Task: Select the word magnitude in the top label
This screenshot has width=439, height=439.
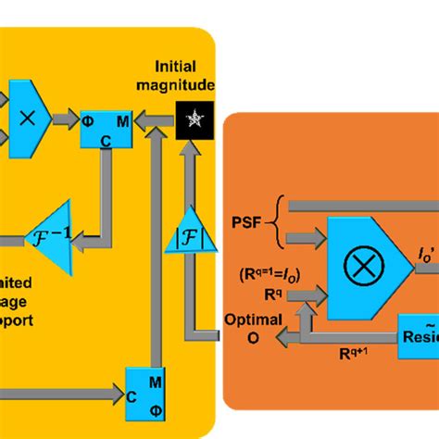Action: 183,86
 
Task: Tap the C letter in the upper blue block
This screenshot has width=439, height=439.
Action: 107,141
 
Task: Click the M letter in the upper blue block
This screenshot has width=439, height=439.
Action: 123,121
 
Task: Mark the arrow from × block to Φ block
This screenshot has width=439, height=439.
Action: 65,119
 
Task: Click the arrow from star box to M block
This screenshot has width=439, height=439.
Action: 156,119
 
